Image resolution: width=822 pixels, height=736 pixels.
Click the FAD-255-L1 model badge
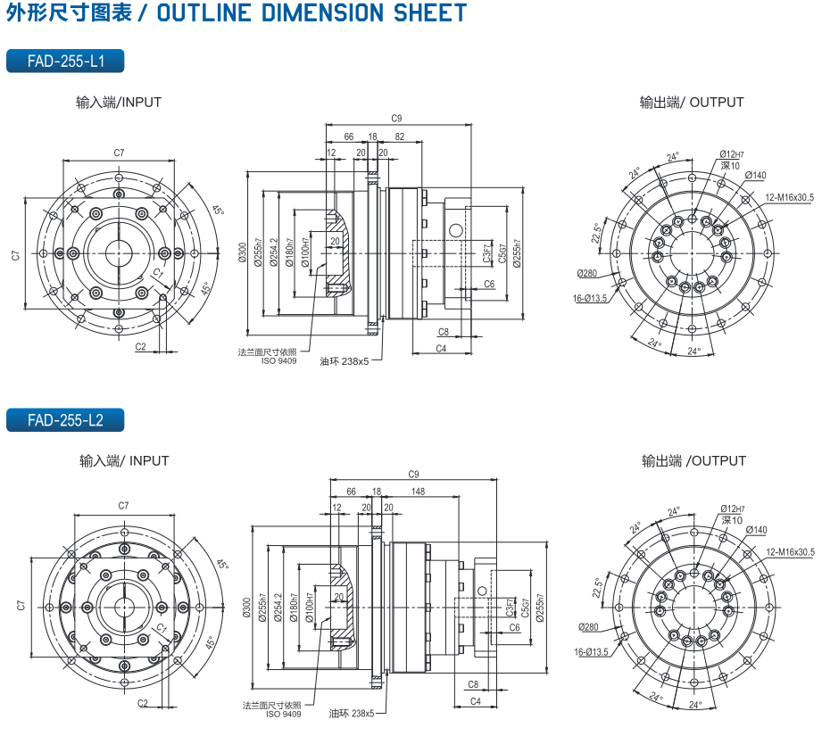(x=64, y=61)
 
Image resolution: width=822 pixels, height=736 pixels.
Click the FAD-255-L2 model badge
(x=64, y=420)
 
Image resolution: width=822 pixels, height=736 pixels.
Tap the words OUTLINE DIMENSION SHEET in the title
(x=311, y=12)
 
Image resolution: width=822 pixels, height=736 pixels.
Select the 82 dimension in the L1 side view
(x=399, y=136)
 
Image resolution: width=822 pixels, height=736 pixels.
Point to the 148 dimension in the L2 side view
(x=418, y=492)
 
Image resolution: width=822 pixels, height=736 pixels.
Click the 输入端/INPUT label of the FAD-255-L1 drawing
(x=119, y=103)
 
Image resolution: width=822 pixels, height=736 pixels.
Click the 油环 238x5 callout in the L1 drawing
(x=344, y=361)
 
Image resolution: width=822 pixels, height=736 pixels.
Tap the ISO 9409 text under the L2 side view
(x=284, y=714)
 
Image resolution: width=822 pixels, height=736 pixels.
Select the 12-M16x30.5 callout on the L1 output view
(x=788, y=196)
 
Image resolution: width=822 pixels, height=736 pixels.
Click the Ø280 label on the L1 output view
(x=586, y=273)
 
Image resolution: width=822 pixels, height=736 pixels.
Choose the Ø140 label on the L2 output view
(x=756, y=530)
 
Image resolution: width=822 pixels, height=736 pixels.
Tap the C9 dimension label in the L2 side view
(x=412, y=474)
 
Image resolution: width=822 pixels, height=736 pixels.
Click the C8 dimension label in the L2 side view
(x=473, y=684)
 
